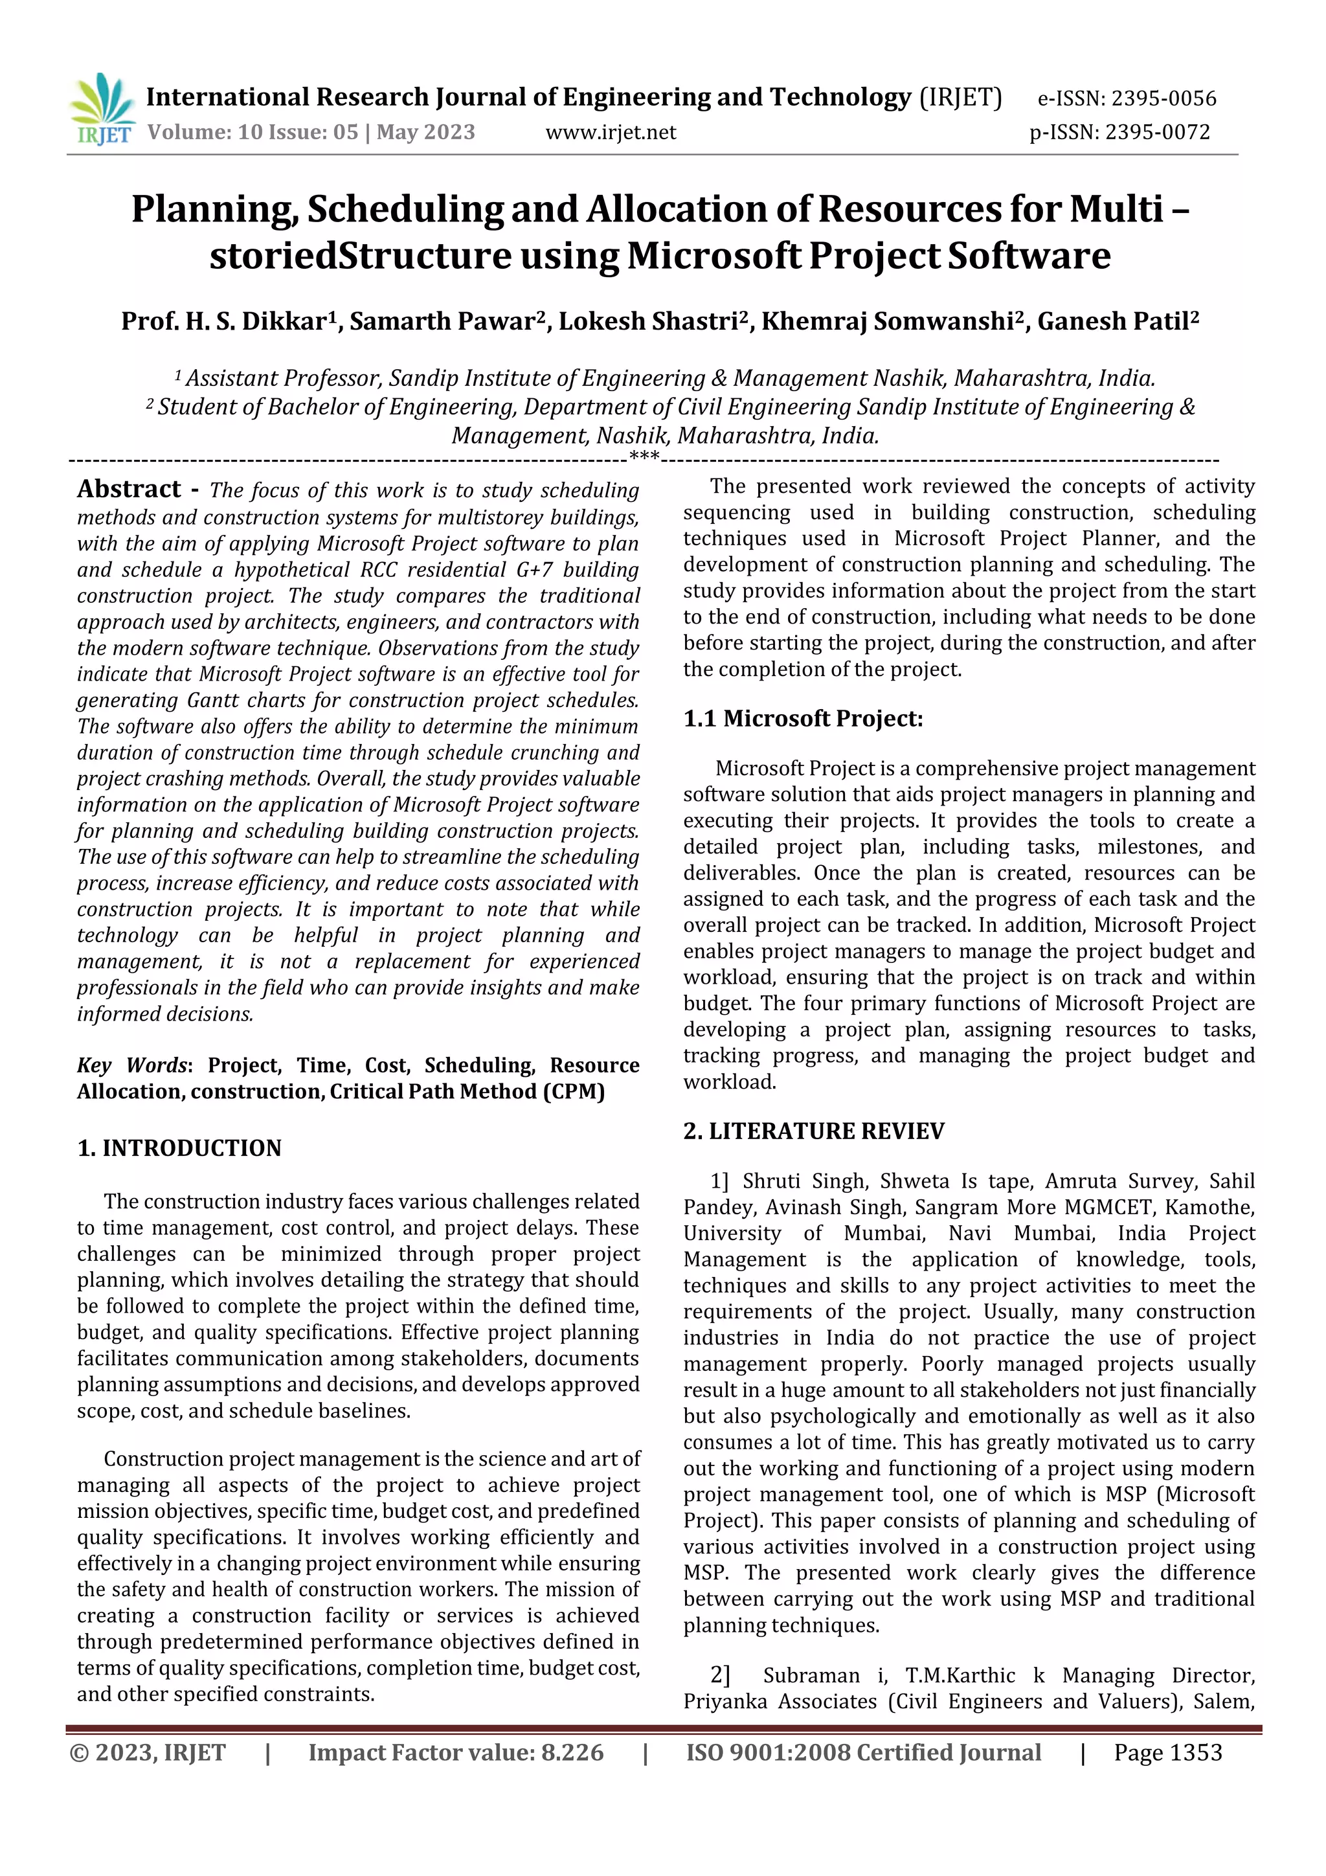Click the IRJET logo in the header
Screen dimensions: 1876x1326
[x=103, y=109]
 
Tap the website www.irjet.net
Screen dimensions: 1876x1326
[x=611, y=132]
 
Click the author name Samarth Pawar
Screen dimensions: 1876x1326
[x=446, y=321]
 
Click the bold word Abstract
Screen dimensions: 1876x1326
[x=129, y=489]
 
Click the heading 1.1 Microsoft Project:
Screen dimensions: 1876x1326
[x=803, y=718]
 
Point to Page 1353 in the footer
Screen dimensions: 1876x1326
[x=1167, y=1752]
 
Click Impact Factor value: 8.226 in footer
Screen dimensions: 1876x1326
[x=456, y=1752]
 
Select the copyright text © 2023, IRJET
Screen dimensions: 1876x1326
[x=148, y=1752]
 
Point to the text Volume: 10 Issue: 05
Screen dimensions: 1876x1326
[x=253, y=132]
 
